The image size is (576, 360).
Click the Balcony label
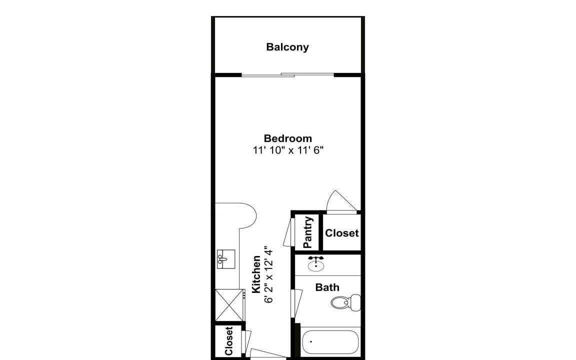(287, 47)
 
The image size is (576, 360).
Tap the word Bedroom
(287, 138)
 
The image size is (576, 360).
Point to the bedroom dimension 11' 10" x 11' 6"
(288, 150)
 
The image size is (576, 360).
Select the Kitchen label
(256, 274)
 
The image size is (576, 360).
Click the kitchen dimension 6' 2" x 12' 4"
(269, 274)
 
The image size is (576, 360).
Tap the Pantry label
(308, 232)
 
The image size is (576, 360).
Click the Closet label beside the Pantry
(341, 233)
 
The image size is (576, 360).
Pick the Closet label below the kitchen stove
(228, 341)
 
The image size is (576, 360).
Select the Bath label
(327, 287)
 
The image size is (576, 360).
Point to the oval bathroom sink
(316, 264)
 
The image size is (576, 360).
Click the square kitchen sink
(226, 259)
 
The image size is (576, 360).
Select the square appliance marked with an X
(229, 305)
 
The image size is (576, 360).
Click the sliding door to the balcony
(287, 75)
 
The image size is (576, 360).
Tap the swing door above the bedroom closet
(341, 202)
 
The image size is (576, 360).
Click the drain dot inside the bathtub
(311, 341)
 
